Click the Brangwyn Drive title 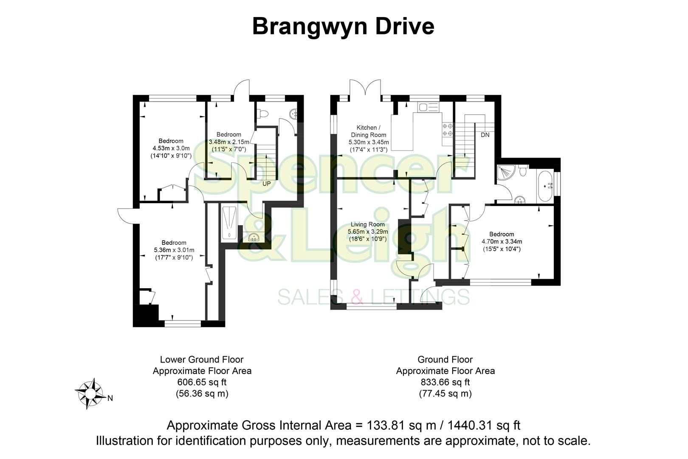(343, 26)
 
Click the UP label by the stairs (266, 184)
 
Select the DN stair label (485, 135)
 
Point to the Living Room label (367, 224)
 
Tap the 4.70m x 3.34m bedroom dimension (502, 241)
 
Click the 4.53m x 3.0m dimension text (171, 148)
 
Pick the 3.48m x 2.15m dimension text (229, 142)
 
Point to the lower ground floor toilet (264, 114)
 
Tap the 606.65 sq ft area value (202, 382)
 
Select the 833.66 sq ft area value (445, 382)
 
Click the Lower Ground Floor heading (202, 360)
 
